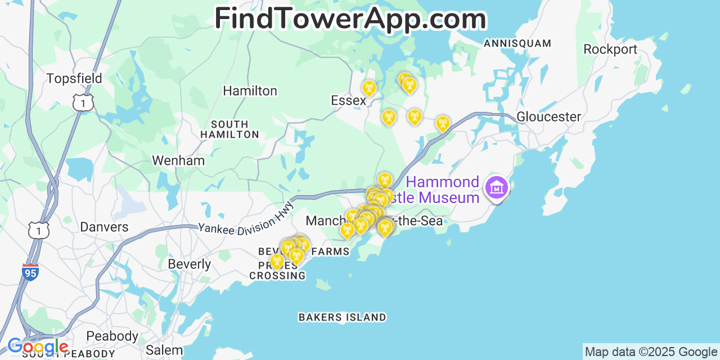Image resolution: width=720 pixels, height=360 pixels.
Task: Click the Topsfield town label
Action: [74, 78]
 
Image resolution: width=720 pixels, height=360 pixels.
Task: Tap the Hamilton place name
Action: [250, 91]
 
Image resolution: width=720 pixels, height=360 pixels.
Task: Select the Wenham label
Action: [178, 160]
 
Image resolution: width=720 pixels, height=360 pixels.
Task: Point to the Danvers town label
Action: [104, 227]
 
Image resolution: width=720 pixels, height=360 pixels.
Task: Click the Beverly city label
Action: [189, 264]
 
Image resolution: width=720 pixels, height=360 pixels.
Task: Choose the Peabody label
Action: [112, 336]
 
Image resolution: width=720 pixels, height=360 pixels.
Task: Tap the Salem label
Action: [164, 350]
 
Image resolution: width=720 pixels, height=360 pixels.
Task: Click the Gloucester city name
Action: [548, 116]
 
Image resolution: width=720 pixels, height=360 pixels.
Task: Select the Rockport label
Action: [610, 49]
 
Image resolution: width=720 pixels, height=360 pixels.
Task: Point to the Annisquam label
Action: [517, 43]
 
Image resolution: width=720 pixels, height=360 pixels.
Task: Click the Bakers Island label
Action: [342, 317]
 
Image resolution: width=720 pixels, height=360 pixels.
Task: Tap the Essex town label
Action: [348, 100]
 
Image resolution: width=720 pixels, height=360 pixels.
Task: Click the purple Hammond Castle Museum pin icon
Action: [497, 188]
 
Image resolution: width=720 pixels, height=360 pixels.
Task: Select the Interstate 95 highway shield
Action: [30, 272]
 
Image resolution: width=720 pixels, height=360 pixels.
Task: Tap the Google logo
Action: [38, 347]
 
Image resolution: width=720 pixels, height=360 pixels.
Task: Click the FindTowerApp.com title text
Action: [350, 19]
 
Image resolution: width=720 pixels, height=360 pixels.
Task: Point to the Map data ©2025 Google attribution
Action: [651, 352]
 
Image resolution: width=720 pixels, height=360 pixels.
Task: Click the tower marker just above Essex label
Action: [369, 88]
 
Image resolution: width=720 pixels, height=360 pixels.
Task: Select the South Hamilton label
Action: [229, 129]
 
